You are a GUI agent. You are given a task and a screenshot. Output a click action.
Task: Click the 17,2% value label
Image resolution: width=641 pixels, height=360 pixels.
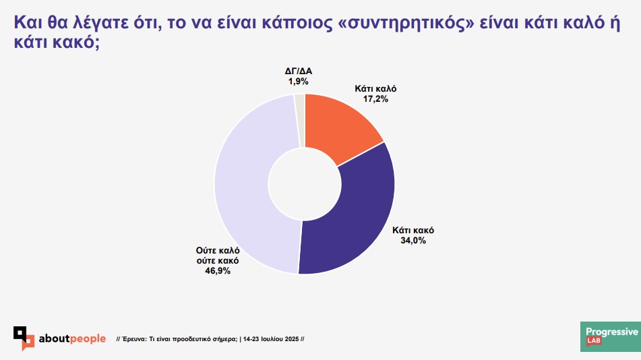[375, 98]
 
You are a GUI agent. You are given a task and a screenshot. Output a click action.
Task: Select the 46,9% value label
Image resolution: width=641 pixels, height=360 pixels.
[217, 270]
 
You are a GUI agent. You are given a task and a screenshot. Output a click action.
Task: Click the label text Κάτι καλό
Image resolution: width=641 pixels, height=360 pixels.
[375, 88]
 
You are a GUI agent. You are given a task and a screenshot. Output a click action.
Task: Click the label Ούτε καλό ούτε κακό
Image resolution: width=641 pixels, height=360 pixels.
[217, 255]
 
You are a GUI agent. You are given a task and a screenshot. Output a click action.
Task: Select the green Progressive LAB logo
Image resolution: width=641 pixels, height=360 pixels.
[609, 337]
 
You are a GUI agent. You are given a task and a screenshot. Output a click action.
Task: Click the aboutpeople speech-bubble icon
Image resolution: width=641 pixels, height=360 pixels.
[24, 338]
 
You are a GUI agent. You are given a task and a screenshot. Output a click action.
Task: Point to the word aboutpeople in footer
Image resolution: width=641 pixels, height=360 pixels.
[72, 338]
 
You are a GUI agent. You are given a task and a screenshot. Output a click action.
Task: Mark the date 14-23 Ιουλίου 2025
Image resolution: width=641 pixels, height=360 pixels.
[272, 338]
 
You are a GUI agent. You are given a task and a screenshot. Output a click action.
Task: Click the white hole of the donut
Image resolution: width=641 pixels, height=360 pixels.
[303, 183]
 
